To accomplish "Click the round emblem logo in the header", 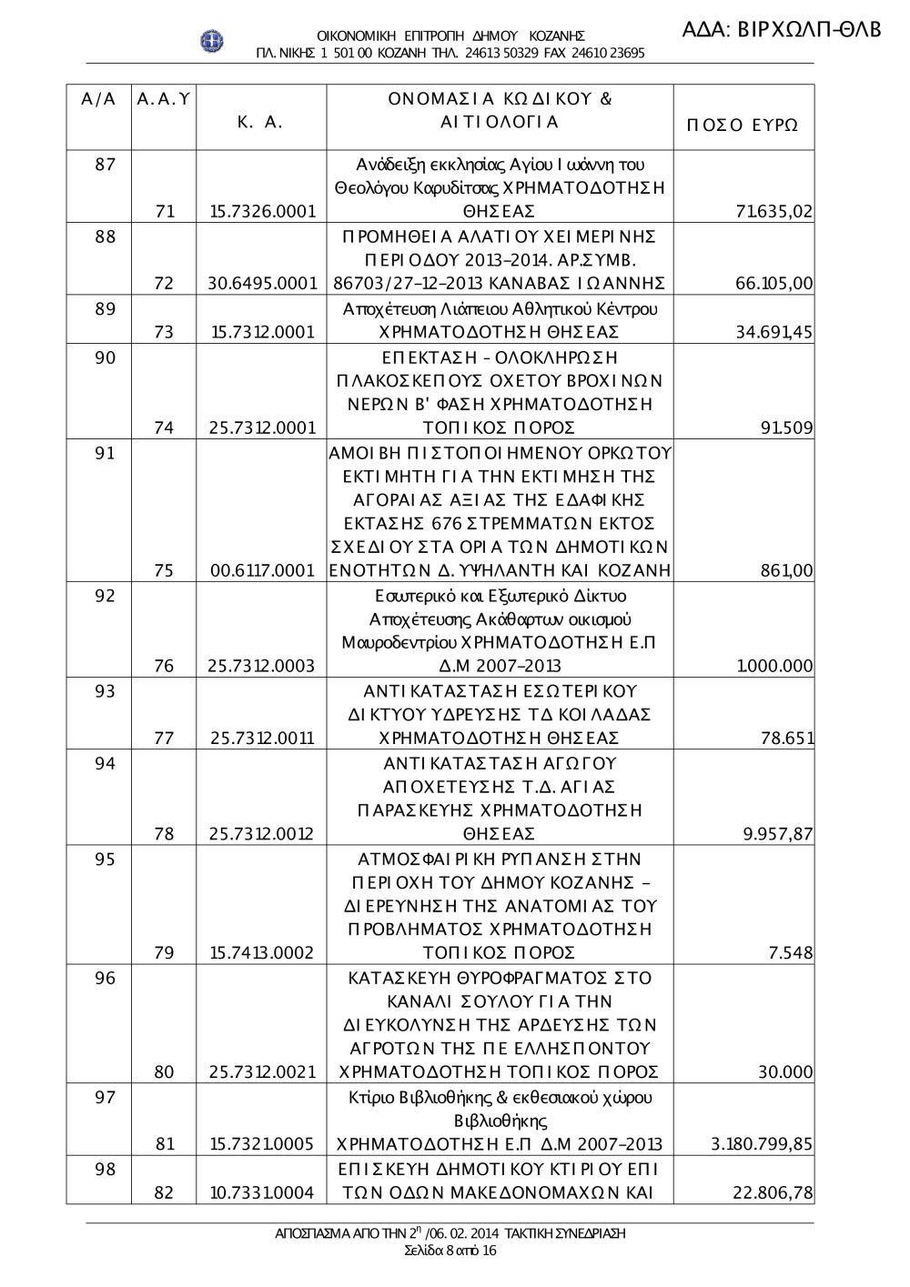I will [x=213, y=42].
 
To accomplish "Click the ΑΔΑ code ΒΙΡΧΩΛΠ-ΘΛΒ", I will [x=782, y=29].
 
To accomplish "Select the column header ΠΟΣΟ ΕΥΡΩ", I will [x=742, y=125].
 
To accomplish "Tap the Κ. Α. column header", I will [x=260, y=122].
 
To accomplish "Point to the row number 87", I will [x=106, y=165].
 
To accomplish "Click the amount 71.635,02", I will [x=773, y=212].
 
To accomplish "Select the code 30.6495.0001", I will [x=262, y=284].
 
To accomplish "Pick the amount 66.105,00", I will [x=773, y=284].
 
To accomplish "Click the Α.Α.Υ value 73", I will [x=165, y=332].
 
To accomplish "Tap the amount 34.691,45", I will [x=773, y=332].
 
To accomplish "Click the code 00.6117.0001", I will [x=262, y=571].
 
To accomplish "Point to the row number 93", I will [x=106, y=691].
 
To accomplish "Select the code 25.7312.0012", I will [x=262, y=834].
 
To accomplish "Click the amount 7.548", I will [x=791, y=953].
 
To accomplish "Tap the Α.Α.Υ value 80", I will [x=165, y=1072].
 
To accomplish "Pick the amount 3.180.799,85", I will [x=762, y=1144].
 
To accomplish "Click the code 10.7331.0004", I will [x=262, y=1192].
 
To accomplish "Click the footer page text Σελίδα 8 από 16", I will [x=450, y=1251].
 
